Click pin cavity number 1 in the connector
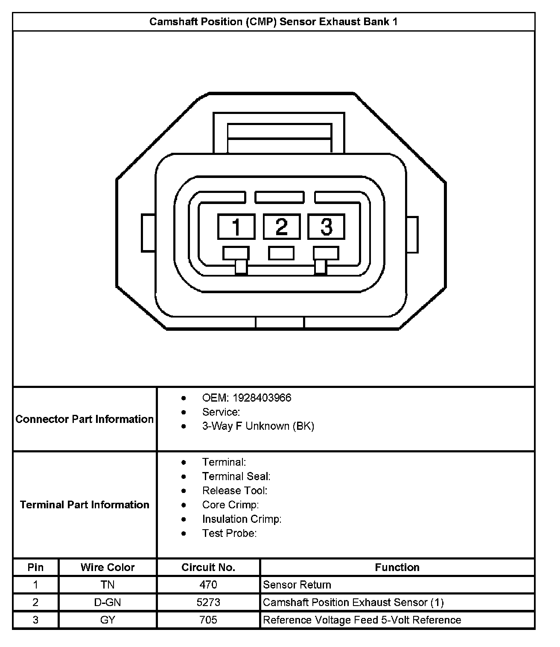pos(236,226)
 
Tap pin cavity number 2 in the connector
pos(281,226)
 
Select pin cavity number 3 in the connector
pos(326,226)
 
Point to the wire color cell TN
pos(108,585)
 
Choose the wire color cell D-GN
pos(108,602)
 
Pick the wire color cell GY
pos(108,620)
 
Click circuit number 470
pos(208,585)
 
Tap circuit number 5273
pos(208,602)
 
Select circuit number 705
pos(208,620)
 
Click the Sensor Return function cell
pos(297,585)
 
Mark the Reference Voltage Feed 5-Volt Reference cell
pos(362,620)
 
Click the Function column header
pos(397,567)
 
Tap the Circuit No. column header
pos(208,567)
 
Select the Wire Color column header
pos(108,567)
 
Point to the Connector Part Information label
pos(85,419)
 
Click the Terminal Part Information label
pos(85,505)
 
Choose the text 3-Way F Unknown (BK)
pos(258,426)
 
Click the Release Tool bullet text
pos(235,490)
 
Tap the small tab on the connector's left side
pos(148,233)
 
